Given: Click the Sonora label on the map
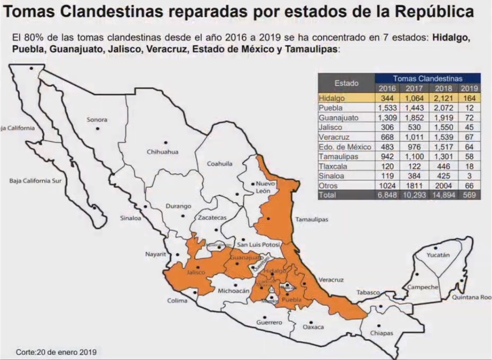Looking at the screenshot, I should [x=97, y=120].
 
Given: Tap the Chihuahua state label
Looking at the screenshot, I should [x=162, y=152].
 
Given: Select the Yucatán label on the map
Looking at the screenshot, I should [x=438, y=255].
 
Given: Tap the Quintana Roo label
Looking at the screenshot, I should [x=471, y=298].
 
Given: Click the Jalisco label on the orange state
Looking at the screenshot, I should [x=196, y=273].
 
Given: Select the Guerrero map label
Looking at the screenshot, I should [x=269, y=323].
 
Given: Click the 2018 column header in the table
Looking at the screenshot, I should [x=444, y=88].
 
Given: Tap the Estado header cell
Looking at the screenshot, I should [x=346, y=83].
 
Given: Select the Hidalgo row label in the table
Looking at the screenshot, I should [x=331, y=98].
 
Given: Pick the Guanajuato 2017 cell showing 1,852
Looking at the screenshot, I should [x=414, y=118].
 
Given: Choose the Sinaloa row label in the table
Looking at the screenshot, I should [x=331, y=176].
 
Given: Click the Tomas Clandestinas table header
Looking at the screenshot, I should [x=428, y=78].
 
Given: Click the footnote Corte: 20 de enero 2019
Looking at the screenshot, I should [x=56, y=352].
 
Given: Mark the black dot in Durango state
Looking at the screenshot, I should [x=183, y=216].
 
